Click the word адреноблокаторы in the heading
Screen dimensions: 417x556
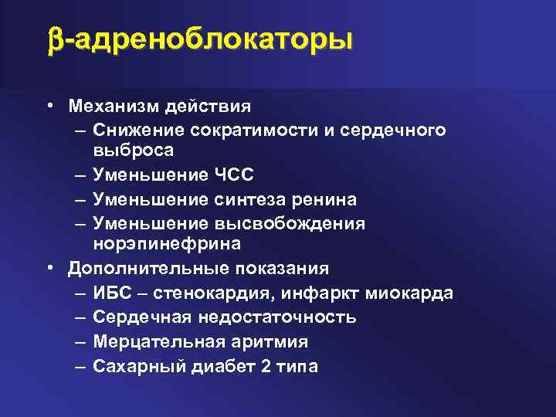[x=210, y=40]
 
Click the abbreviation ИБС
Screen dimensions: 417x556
[x=114, y=294]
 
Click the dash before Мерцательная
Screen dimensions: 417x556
[x=81, y=342]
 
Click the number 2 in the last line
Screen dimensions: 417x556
[x=266, y=367]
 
